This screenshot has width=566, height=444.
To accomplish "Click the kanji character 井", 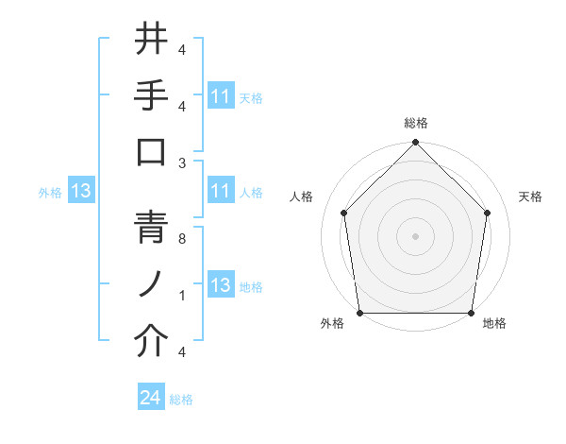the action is tap(152, 41).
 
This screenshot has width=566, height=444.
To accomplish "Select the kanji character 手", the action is tap(152, 97).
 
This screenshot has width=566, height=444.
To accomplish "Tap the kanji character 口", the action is tap(152, 153).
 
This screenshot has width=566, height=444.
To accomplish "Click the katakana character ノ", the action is tap(152, 285).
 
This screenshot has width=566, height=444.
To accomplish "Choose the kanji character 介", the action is tap(152, 342).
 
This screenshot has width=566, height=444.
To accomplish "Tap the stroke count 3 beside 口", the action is tap(183, 162).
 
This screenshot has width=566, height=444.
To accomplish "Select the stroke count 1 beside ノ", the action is tap(183, 296).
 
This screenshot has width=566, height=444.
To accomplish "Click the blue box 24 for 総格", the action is tap(151, 398).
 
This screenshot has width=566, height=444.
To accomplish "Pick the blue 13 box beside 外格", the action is tap(81, 192).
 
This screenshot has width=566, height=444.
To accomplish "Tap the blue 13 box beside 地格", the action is tap(220, 286).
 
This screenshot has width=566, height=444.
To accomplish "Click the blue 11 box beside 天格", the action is tap(220, 96).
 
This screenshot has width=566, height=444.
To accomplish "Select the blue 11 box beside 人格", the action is tap(220, 192).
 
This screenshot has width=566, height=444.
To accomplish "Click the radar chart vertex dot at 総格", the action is tap(415, 144).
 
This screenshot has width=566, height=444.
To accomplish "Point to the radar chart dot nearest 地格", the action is tap(471, 313).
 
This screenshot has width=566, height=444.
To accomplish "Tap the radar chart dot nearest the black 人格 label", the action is tap(344, 213).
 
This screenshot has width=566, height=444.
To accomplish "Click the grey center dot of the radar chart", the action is tap(415, 236).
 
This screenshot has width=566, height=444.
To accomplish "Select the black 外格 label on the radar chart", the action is tap(332, 324).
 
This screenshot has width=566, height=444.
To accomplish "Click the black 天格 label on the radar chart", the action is tap(530, 196).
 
